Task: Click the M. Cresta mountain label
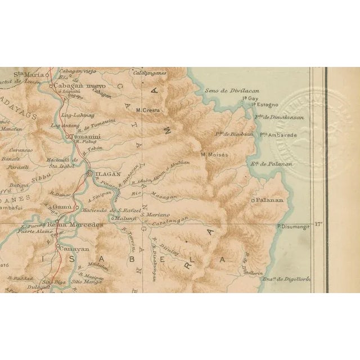[x=148, y=110]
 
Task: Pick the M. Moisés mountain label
[x=215, y=154]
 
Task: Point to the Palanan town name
[x=271, y=200]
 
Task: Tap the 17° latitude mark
[x=319, y=224]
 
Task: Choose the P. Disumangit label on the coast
[x=294, y=227]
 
